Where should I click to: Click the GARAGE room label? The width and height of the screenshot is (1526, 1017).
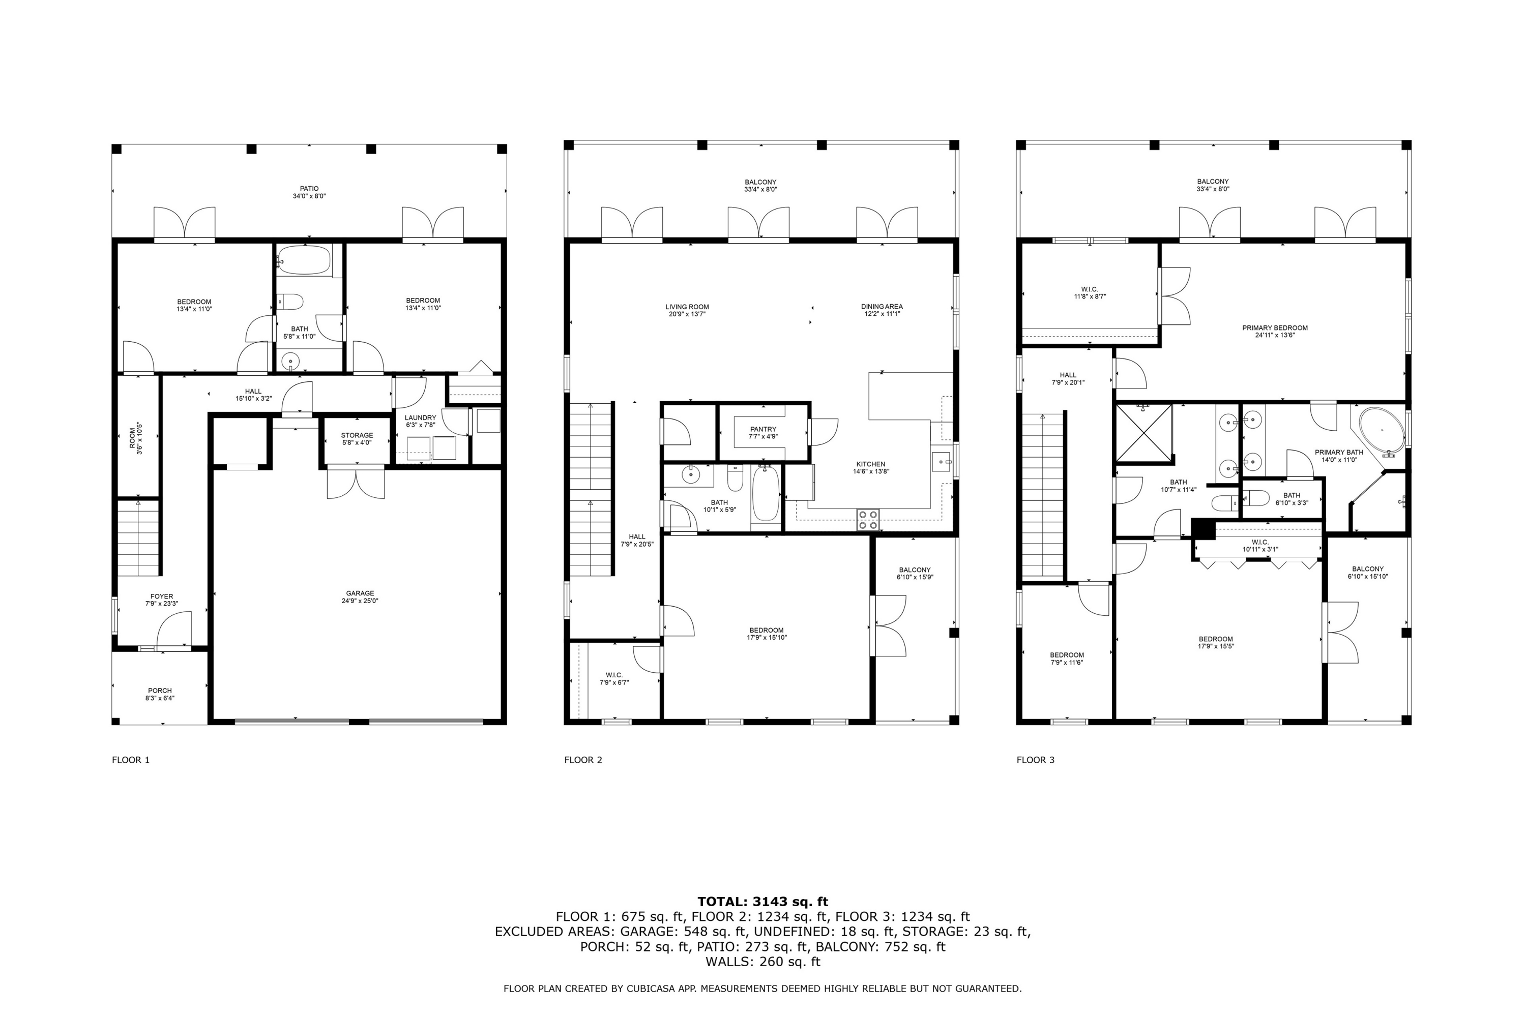[x=360, y=593]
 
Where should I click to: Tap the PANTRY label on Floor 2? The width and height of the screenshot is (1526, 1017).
[x=763, y=429]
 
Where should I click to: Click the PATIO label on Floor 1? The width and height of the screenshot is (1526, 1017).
[x=309, y=189]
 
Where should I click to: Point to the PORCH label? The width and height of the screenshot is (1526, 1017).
[x=160, y=691]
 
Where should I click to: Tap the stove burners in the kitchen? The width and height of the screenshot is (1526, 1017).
[x=868, y=520]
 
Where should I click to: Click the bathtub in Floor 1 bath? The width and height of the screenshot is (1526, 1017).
[x=304, y=260]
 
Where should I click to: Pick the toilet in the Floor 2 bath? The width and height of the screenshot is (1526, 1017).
[x=735, y=478]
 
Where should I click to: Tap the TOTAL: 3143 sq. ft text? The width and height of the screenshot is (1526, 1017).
[x=762, y=902]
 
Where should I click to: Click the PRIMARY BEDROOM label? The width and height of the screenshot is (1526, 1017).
[x=1274, y=328]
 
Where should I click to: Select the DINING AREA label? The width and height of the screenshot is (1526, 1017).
[x=882, y=307]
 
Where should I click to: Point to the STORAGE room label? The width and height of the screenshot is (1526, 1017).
[x=357, y=435]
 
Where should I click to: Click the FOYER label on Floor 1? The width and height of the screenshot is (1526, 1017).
[x=162, y=596]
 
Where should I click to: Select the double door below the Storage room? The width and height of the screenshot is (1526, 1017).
[x=356, y=483]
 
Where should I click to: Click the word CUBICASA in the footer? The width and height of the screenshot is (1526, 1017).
[x=650, y=989]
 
